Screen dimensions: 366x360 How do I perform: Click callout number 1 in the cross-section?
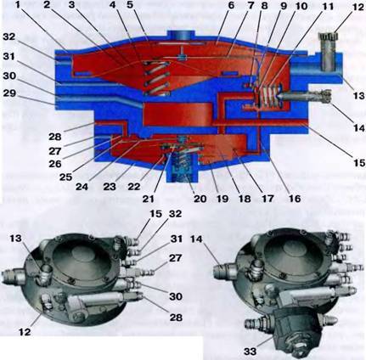click(19, 5)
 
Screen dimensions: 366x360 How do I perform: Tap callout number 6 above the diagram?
click(231, 5)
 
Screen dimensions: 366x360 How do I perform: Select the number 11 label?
click(329, 6)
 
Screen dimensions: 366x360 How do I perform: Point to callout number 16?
click(294, 199)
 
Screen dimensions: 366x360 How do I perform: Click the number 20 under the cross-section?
click(200, 199)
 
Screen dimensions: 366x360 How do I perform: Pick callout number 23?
click(110, 187)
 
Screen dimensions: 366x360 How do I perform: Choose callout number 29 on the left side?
click(9, 93)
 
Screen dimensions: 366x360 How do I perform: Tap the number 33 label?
click(250, 352)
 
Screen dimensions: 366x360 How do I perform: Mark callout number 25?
click(65, 177)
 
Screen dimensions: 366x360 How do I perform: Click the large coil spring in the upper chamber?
click(157, 78)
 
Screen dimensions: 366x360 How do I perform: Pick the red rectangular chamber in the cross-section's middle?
click(177, 115)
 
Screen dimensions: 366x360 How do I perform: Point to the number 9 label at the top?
click(282, 6)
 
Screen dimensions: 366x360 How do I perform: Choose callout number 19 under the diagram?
click(222, 199)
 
